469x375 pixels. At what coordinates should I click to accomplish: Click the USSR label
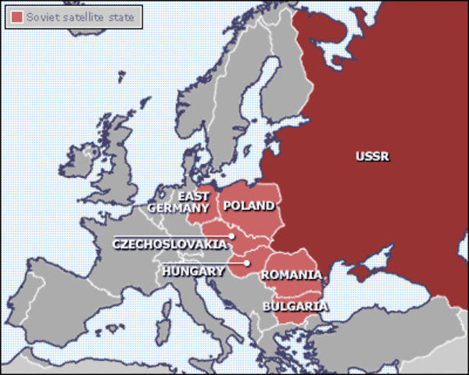[372, 156]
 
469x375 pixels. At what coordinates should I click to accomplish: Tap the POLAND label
[249, 206]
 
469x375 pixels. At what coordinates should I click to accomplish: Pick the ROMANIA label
[291, 275]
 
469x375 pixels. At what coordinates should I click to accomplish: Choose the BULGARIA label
[295, 305]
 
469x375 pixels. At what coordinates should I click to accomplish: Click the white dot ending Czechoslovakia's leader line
[232, 236]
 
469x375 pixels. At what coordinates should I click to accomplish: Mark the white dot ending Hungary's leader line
[246, 263]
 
